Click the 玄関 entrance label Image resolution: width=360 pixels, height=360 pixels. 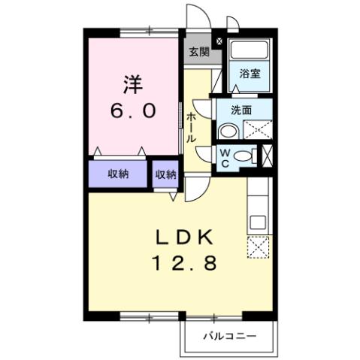coord(198,52)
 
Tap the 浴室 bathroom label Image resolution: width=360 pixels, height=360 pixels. coord(250,74)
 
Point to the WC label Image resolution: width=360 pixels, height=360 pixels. coord(224,158)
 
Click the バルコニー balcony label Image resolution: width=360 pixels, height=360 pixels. coord(230,335)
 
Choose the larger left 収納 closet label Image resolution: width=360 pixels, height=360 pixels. coord(118,174)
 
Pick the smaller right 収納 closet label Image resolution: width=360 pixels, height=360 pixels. coord(165,174)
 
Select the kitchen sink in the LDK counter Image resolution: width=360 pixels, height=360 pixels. coord(258,222)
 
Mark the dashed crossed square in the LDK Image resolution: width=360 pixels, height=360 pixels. coord(258,247)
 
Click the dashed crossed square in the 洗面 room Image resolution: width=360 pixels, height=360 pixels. coord(257,130)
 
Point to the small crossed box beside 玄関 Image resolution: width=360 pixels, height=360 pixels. coord(219,41)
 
